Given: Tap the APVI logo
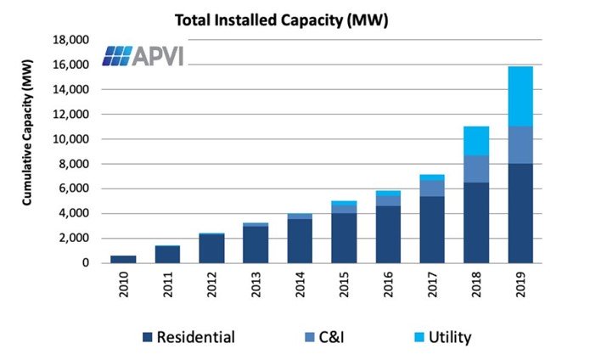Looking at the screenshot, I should coord(143,55).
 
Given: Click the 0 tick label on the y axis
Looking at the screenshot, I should coord(85,263).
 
